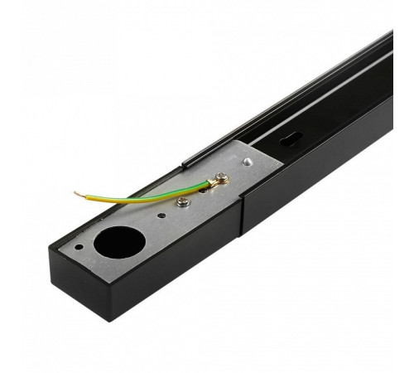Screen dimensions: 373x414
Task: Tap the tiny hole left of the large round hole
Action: click(78, 246)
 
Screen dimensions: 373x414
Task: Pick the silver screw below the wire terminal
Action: click(184, 201)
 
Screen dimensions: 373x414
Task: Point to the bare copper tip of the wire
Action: click(79, 194)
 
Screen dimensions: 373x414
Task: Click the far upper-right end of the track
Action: click(389, 37)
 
